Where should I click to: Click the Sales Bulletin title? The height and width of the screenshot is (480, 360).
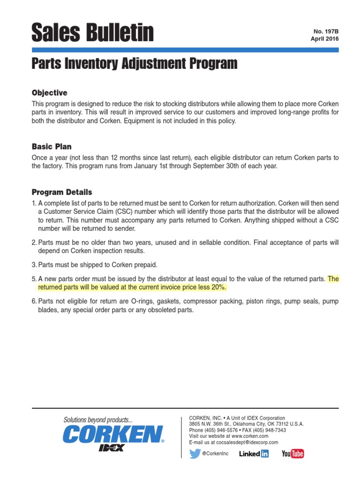92,32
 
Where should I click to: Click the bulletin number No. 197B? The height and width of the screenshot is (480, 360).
326,31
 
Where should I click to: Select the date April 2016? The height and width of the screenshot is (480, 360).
324,39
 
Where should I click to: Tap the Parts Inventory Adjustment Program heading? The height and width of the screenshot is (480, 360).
134,63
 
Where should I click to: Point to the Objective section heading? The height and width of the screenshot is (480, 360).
49,93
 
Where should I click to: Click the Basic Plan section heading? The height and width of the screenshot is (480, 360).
52,147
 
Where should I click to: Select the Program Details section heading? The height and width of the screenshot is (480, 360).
62,192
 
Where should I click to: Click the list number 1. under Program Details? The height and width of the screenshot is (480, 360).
34,203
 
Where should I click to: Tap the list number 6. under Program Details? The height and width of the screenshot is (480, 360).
34,301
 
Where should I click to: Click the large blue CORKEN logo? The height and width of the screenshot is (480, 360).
113,434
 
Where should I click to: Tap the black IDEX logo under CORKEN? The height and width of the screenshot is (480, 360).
111,447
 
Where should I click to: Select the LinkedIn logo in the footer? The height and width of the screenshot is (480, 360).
254,454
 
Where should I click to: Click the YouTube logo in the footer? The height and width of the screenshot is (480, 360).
292,454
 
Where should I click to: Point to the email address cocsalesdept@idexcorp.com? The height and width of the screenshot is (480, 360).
247,442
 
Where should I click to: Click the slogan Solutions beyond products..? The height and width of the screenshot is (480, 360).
98,420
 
